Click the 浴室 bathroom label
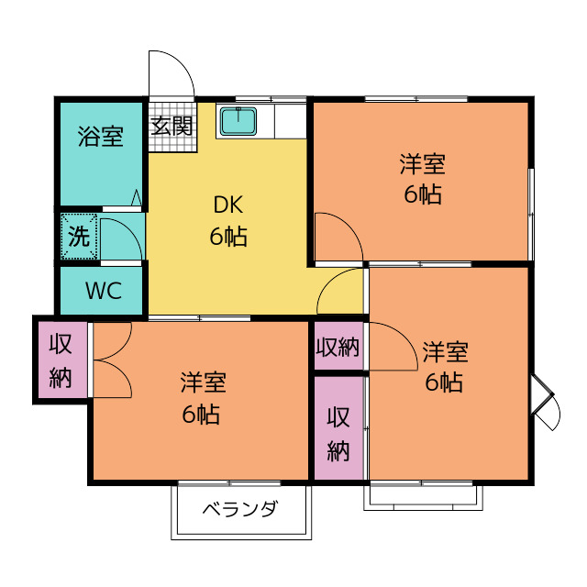point(101,138)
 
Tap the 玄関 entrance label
point(172,126)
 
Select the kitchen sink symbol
point(238,119)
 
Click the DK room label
point(228,205)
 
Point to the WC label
point(104,292)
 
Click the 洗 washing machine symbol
point(79,237)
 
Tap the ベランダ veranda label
point(239,510)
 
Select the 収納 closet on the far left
point(61,360)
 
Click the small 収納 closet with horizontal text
point(338,348)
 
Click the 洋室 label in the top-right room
point(422,165)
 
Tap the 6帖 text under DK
point(228,237)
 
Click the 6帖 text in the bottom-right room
point(444,383)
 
